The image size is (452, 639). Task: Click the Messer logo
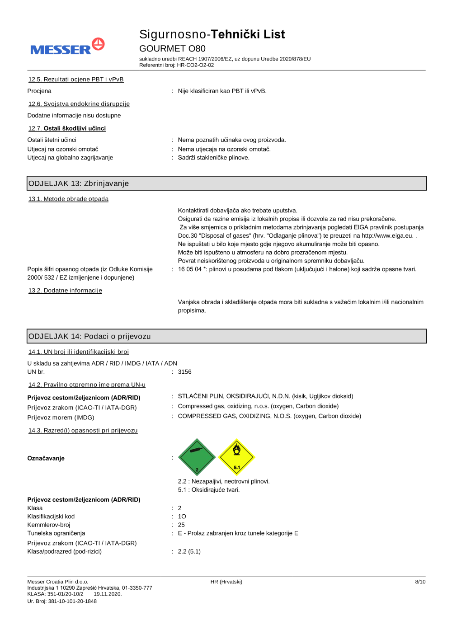click(67, 47)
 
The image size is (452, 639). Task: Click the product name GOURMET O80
click(172, 48)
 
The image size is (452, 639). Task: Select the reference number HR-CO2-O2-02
click(195, 65)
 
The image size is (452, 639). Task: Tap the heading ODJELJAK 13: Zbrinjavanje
click(79, 183)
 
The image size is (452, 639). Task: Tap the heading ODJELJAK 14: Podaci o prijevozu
click(89, 336)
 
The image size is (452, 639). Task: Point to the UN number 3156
click(184, 372)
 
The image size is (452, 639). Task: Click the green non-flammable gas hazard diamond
click(197, 457)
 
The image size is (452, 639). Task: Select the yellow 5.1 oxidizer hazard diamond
click(236, 457)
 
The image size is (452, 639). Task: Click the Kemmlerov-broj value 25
click(181, 525)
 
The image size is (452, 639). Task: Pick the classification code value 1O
click(182, 517)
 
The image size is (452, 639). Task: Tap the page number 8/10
click(420, 582)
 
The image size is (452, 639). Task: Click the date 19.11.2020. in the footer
click(108, 594)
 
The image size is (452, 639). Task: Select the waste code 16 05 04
click(190, 269)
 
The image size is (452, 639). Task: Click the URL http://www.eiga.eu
click(387, 236)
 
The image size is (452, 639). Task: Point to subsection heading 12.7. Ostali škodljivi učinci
click(67, 128)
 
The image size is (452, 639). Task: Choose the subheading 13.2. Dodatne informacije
click(65, 291)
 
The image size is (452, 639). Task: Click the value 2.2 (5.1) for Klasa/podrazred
click(189, 552)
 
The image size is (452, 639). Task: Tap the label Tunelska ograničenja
click(56, 533)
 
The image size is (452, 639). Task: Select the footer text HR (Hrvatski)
click(226, 582)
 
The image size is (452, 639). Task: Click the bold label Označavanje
click(46, 458)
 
